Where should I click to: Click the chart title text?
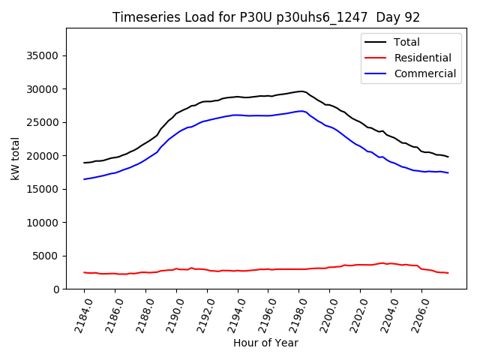(266, 17)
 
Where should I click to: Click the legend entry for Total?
(406, 42)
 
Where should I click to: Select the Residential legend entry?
(422, 58)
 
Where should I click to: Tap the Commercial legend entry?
(424, 73)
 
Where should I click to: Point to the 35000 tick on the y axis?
(43, 55)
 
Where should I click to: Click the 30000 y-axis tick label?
(43, 89)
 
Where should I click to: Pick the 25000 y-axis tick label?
(43, 122)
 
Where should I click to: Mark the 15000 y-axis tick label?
(43, 189)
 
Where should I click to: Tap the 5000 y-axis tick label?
(46, 256)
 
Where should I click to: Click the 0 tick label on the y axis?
(56, 289)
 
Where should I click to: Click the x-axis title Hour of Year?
(265, 343)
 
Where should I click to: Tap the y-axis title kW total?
(15, 159)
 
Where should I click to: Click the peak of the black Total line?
(301, 91)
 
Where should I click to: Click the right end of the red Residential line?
(448, 273)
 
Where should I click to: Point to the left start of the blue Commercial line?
(84, 179)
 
